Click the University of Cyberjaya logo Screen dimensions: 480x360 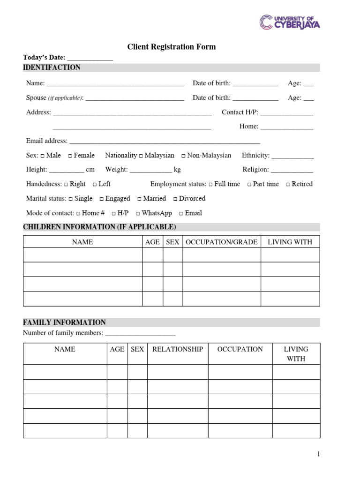pyautogui.click(x=290, y=22)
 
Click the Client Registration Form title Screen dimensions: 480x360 pyautogui.click(x=172, y=47)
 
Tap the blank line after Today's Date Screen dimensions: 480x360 pyautogui.click(x=90, y=58)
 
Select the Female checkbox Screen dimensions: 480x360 pyautogui.click(x=70, y=156)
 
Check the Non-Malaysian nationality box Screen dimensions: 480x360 pyautogui.click(x=183, y=156)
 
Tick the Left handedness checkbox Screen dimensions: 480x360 pyautogui.click(x=95, y=184)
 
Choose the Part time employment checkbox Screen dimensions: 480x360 pyautogui.click(x=249, y=184)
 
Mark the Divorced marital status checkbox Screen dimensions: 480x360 pyautogui.click(x=175, y=199)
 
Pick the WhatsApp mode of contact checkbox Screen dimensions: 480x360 pyautogui.click(x=138, y=213)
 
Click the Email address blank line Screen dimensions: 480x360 pyautogui.click(x=164, y=142)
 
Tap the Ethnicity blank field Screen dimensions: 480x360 pyautogui.click(x=292, y=156)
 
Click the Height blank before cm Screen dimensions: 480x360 pyautogui.click(x=66, y=170)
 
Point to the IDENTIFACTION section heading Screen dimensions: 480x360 pyautogui.click(x=52, y=67)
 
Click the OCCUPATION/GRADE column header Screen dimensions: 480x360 pyautogui.click(x=221, y=242)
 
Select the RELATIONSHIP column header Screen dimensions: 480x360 pyautogui.click(x=178, y=349)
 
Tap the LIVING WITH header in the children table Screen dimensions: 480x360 pyautogui.click(x=290, y=242)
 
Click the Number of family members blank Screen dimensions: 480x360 pyautogui.click(x=140, y=334)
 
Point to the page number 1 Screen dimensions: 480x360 pyautogui.click(x=318, y=454)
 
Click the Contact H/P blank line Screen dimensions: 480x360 pyautogui.click(x=286, y=113)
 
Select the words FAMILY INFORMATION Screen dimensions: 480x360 pyautogui.click(x=64, y=322)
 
